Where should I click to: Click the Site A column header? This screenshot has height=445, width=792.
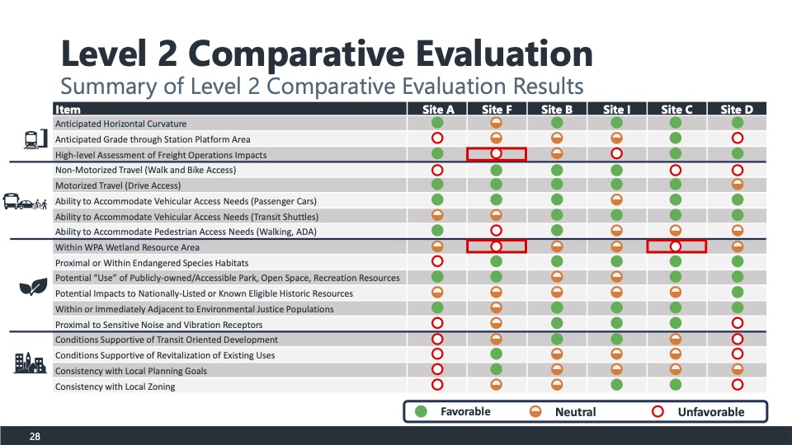point(437,110)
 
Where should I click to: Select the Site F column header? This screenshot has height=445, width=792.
point(497,110)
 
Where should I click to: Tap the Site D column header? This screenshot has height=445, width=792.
point(736,110)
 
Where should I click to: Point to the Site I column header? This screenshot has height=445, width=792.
point(616,110)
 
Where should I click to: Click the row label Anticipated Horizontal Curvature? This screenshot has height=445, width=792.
point(120,124)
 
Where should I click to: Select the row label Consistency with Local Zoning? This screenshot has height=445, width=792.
point(115,386)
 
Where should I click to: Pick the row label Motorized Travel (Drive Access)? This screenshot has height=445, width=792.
point(117,185)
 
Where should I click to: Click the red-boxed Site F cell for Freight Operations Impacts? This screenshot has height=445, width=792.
point(497,154)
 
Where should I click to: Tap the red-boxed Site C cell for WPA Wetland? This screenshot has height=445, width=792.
point(676,246)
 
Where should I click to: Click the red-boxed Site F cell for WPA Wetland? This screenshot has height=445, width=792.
point(497,246)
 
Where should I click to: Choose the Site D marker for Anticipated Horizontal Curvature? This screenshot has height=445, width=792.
point(736,123)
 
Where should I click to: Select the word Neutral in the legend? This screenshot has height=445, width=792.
point(575,412)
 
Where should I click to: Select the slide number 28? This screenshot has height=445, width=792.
point(35,436)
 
